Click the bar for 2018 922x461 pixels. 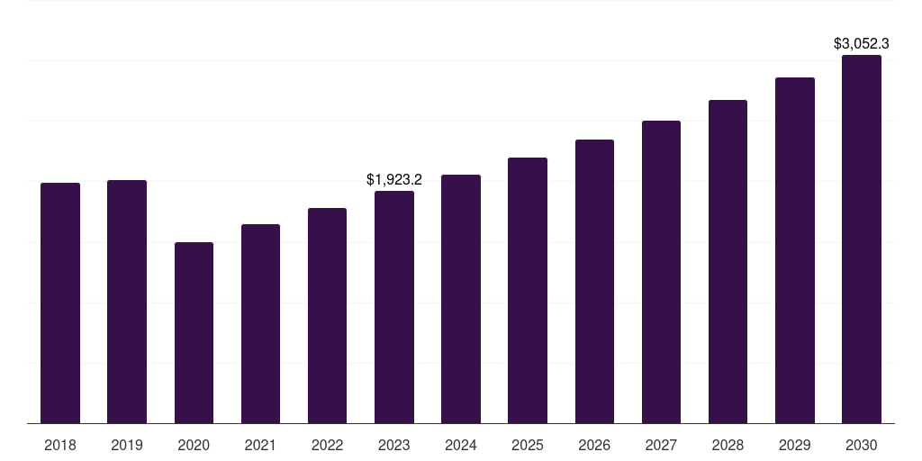tap(60, 303)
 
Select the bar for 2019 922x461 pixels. tap(127, 302)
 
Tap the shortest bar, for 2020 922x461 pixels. tap(194, 332)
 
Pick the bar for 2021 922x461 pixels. tap(260, 323)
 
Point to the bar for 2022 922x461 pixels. tap(327, 315)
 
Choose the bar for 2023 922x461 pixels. tap(394, 307)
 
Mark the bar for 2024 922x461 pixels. tap(461, 299)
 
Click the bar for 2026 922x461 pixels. tap(594, 281)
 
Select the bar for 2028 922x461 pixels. tap(728, 261)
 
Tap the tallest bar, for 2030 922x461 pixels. tap(862, 239)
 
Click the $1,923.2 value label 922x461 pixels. tap(394, 180)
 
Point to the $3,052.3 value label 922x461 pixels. tap(862, 43)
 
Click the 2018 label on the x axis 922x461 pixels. tap(60, 445)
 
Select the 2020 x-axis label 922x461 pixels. tap(194, 445)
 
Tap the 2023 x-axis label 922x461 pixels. tap(394, 445)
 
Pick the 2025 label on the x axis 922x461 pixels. tap(528, 445)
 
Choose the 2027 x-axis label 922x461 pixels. tap(661, 445)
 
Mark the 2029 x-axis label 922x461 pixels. tap(795, 445)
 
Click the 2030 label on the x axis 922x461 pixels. tap(862, 445)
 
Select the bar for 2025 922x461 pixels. tap(528, 290)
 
